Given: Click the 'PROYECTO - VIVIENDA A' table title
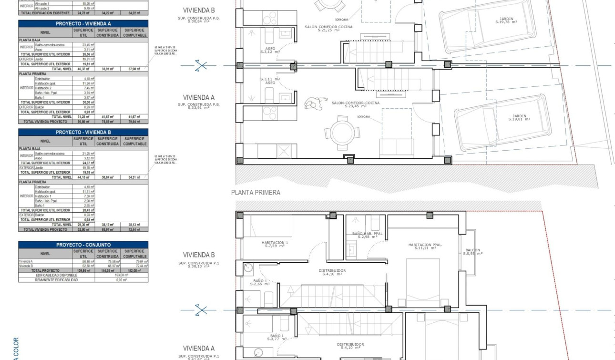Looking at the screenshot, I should point(83,23).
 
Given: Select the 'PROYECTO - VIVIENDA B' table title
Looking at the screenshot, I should point(83,132).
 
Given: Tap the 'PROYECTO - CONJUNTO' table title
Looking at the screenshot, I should point(83,245).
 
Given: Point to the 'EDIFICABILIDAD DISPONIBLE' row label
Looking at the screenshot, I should point(56,275).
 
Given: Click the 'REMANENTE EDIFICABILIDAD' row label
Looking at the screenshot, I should point(56,280).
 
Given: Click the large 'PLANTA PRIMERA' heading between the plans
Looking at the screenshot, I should point(256,193).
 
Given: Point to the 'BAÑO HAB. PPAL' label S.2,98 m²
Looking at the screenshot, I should point(367,235).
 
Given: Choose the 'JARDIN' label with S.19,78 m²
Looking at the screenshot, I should point(506,20).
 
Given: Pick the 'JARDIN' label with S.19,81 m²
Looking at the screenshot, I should point(519,117).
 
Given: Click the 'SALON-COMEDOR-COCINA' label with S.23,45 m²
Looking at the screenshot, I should point(356,104).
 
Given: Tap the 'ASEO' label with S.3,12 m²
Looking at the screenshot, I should point(270,50).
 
